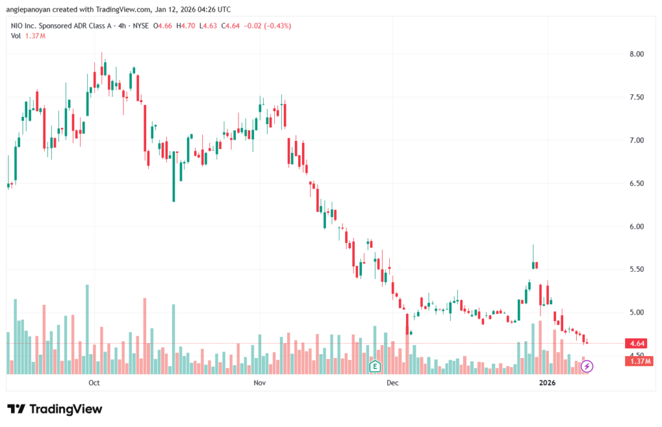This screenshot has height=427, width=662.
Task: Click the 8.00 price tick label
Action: click(x=636, y=54)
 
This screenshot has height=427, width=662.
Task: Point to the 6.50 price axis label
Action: click(x=636, y=183)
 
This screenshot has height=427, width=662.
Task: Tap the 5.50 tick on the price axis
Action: click(x=636, y=269)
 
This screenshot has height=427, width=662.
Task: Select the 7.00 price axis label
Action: click(x=636, y=140)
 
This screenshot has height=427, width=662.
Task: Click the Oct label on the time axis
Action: click(x=94, y=382)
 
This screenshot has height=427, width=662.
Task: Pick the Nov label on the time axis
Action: click(x=260, y=382)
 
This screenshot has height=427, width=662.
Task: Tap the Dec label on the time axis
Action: click(x=392, y=382)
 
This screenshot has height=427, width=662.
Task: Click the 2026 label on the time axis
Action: click(x=547, y=382)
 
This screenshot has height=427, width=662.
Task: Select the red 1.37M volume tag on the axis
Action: click(x=639, y=361)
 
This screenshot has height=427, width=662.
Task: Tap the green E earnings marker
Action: click(x=374, y=366)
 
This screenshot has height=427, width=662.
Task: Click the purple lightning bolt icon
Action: click(x=587, y=366)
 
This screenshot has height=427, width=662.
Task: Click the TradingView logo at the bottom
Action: click(x=55, y=409)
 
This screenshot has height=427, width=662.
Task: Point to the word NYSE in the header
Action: click(x=140, y=26)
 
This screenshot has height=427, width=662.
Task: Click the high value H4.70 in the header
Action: click(x=186, y=26)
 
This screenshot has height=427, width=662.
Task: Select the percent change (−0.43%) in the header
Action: click(x=277, y=26)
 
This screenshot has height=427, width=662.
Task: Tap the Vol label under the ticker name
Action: click(x=16, y=36)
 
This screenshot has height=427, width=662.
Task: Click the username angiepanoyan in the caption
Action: click(x=28, y=9)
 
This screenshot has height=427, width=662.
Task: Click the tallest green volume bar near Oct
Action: click(x=87, y=329)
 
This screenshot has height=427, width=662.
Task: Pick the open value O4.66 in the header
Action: click(x=162, y=26)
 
